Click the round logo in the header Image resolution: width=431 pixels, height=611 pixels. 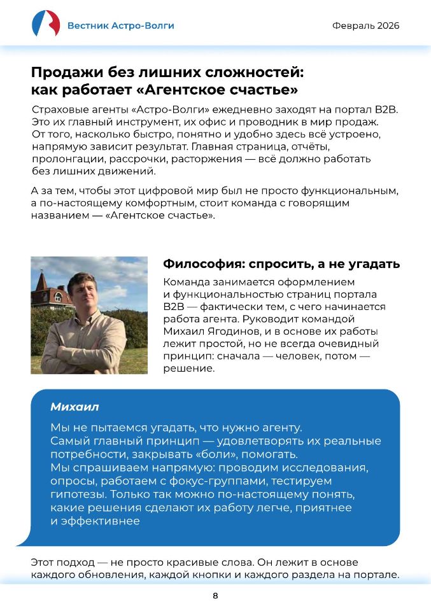pos(46,24)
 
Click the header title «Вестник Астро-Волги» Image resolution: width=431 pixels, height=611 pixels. pos(120,25)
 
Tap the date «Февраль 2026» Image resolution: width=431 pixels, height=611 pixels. pos(365,25)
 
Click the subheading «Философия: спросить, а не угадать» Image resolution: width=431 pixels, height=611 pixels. pos(281,264)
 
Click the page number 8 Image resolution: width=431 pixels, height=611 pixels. pos(215,596)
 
